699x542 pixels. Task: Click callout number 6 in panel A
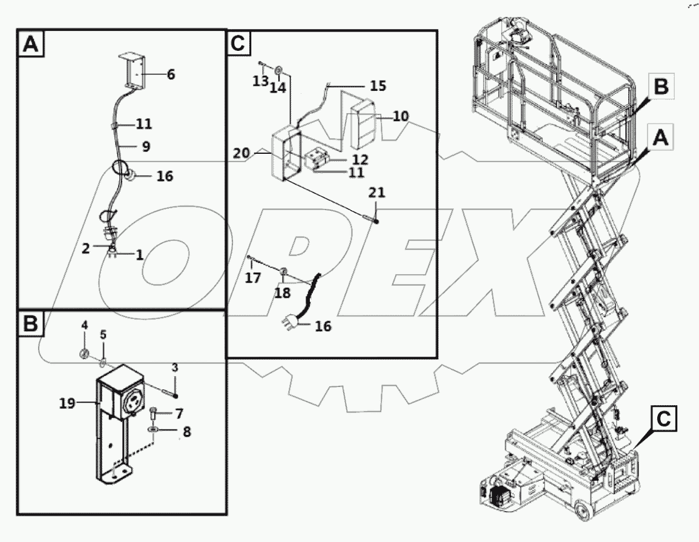tap(171, 74)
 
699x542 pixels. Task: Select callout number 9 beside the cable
tap(145, 147)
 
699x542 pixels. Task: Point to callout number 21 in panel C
tap(377, 193)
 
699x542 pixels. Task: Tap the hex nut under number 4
tap(86, 353)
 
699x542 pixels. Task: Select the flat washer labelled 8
tap(154, 430)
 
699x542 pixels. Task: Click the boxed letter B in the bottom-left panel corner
tap(31, 324)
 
